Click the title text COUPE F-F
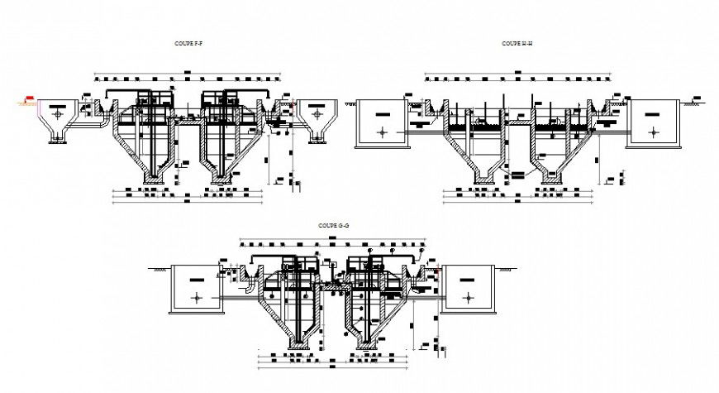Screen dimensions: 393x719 [x=190, y=41]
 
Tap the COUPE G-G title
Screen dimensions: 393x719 [x=332, y=225]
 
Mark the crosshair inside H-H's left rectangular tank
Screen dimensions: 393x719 [x=382, y=132]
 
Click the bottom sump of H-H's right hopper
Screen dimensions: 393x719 [x=550, y=178]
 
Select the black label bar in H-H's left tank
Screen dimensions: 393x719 [x=381, y=113]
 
